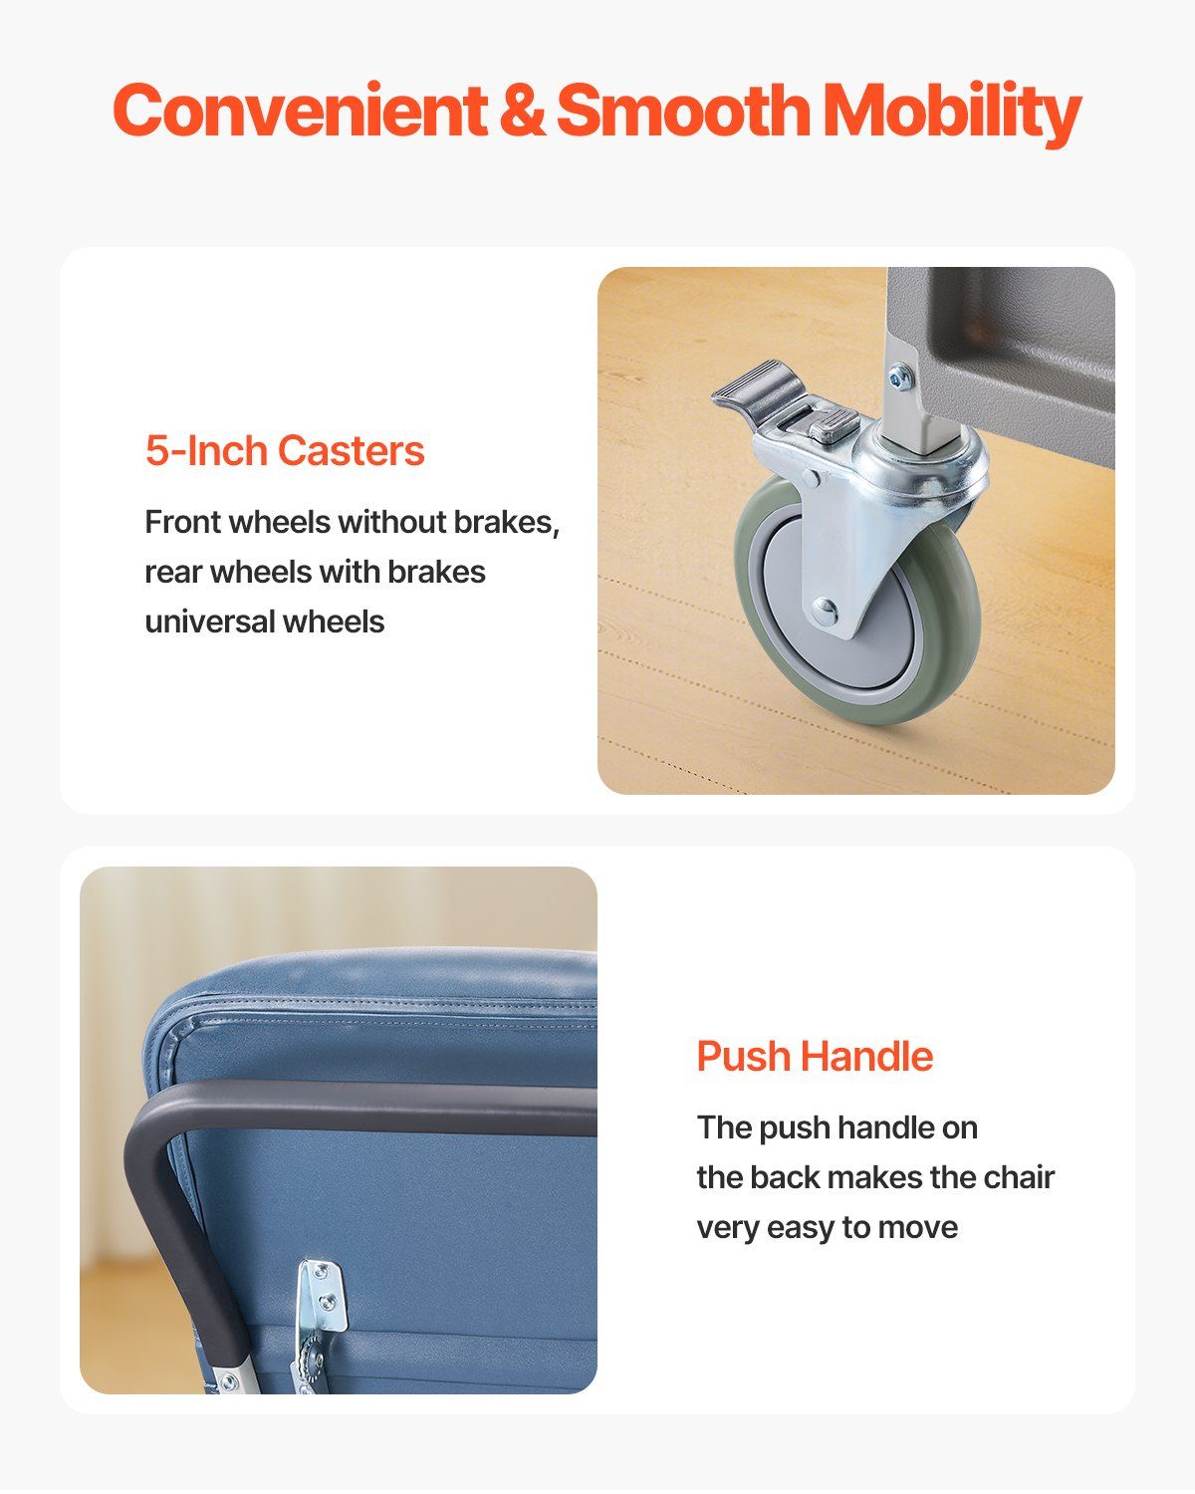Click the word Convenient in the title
coord(300,109)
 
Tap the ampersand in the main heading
coord(522,109)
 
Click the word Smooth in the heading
coord(683,109)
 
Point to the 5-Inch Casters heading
coord(285,450)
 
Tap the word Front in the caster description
coord(182,522)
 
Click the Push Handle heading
coord(815,1057)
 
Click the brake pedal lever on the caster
coord(757,385)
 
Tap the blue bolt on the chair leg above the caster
coord(900,375)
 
